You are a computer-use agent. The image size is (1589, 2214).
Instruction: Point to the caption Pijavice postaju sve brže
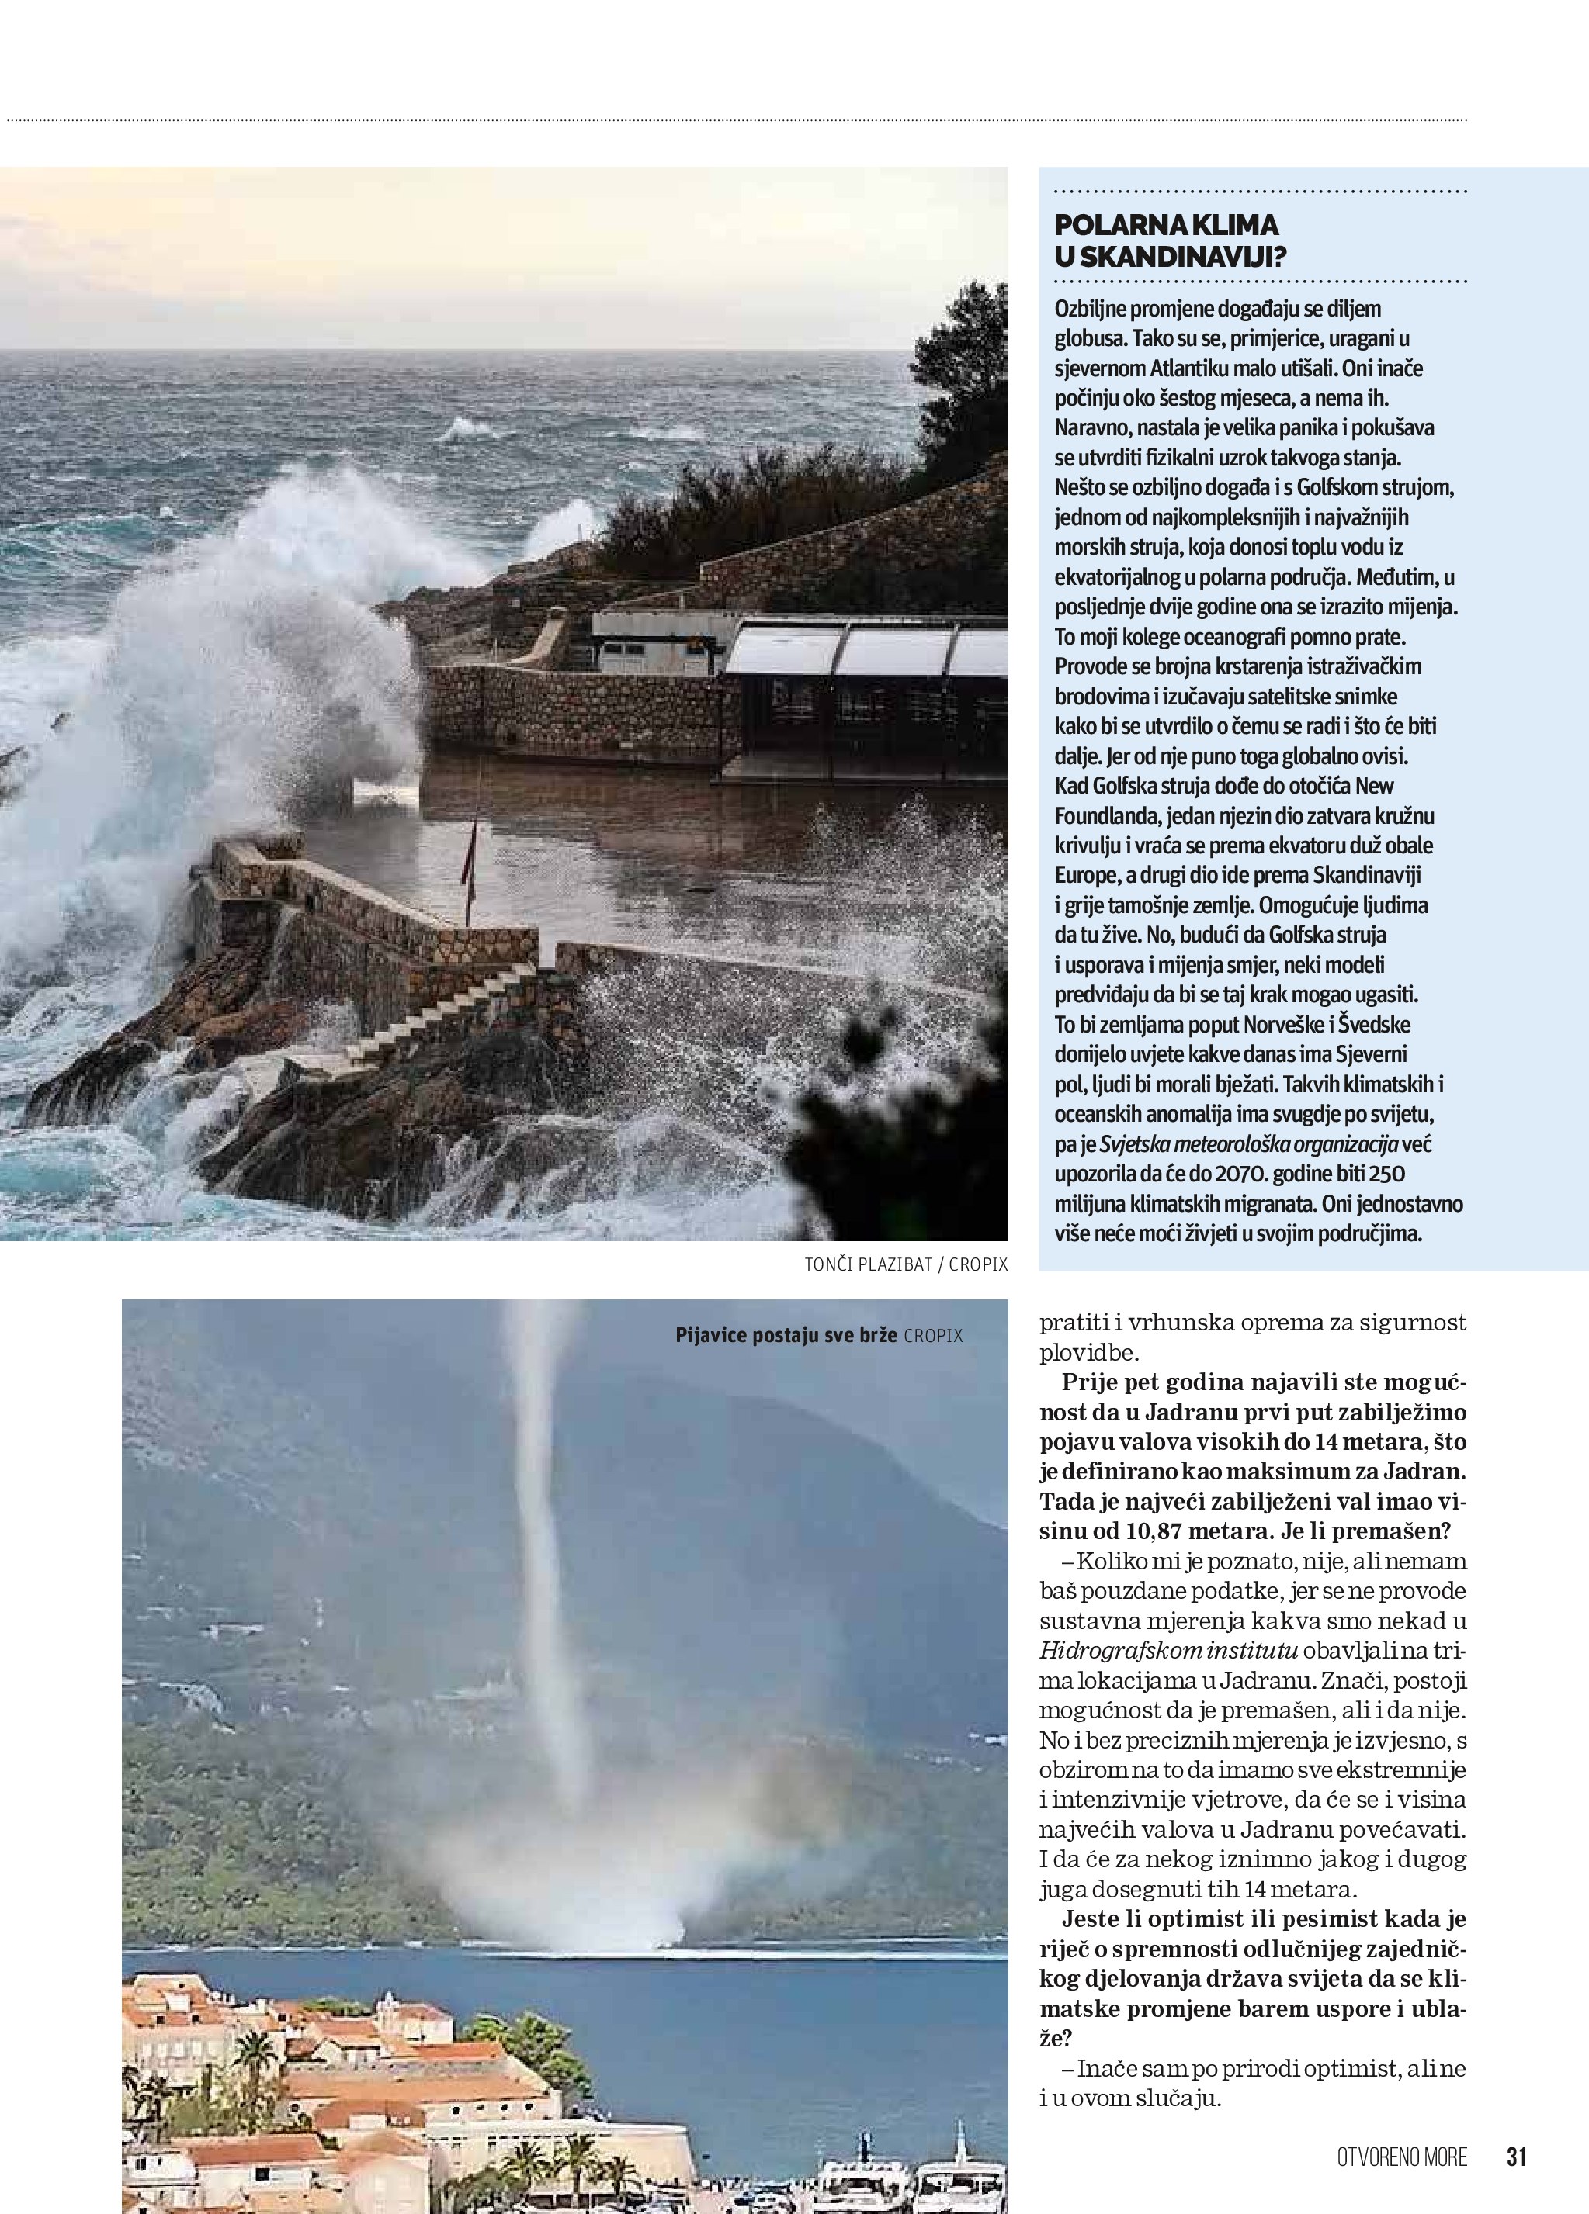pyautogui.click(x=786, y=1335)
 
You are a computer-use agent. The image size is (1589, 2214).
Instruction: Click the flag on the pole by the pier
pyautogui.click(x=474, y=840)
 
